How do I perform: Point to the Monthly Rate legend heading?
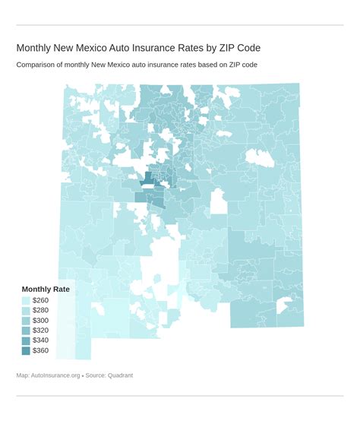(46, 290)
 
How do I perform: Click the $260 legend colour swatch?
(27, 301)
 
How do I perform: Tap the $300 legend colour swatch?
(27, 321)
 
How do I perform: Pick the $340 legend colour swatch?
(27, 340)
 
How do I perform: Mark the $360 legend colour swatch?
(27, 350)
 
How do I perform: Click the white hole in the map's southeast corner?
(285, 305)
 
